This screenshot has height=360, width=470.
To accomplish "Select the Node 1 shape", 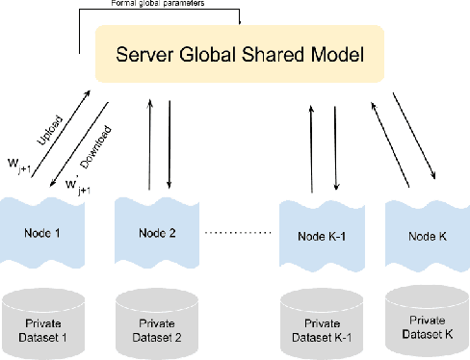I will [43, 232].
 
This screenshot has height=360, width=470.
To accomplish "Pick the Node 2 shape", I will [156, 232].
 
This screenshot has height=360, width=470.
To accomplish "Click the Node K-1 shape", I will [320, 234].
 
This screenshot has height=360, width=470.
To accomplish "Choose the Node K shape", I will [425, 234].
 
